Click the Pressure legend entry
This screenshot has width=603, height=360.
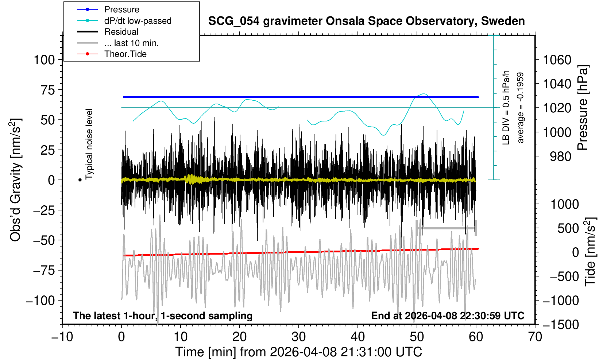click(121, 9)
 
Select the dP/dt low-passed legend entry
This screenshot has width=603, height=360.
click(138, 21)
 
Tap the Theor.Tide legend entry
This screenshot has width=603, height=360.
click(125, 54)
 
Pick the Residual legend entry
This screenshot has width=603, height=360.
click(121, 32)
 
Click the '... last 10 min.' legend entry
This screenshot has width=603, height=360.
click(131, 43)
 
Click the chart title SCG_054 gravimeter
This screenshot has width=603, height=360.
click(366, 21)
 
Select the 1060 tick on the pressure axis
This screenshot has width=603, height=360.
click(557, 60)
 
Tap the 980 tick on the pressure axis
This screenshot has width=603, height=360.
click(560, 156)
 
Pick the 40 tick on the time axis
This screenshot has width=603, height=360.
click(358, 336)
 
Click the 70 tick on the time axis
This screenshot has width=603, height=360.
click(535, 336)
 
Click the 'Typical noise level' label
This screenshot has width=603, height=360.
click(89, 144)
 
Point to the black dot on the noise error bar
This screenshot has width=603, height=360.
click(80, 180)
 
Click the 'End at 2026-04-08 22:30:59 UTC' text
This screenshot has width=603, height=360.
click(448, 316)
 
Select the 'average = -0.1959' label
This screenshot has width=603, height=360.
click(521, 108)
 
